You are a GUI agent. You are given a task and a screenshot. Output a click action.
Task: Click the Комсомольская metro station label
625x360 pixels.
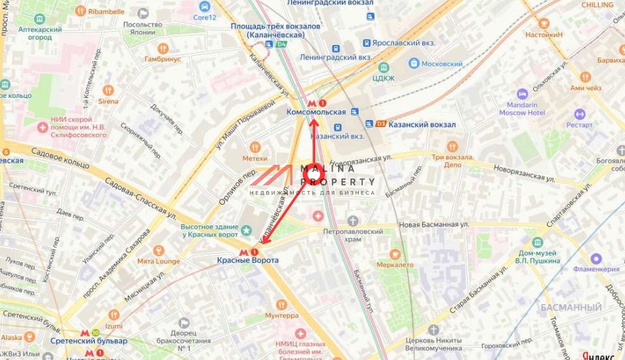click(315, 112)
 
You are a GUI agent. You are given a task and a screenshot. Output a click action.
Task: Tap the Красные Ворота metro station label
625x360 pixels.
click(248, 260)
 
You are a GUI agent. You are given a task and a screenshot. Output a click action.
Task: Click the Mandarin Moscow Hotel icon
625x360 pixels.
click(522, 94)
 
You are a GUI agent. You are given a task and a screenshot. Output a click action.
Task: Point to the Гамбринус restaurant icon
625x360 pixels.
click(163, 48)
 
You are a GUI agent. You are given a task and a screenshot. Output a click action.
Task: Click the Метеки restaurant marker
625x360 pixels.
click(255, 147)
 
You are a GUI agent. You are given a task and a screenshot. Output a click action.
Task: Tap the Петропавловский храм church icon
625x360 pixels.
click(353, 221)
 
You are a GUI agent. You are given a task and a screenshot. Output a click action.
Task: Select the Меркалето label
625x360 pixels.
click(395, 264)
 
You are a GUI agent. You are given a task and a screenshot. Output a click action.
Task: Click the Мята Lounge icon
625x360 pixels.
click(158, 250)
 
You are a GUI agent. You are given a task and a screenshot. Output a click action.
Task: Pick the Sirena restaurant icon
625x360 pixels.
click(108, 90)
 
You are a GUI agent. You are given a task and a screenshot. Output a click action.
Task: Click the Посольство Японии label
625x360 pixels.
click(143, 28)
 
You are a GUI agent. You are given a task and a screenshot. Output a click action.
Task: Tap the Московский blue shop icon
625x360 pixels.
click(414, 63)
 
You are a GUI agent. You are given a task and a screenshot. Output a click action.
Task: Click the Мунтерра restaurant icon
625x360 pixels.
click(281, 305)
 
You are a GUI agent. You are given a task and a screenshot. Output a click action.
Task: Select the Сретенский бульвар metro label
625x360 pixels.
click(88, 341)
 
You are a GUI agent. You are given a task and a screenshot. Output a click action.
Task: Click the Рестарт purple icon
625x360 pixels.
click(579, 114)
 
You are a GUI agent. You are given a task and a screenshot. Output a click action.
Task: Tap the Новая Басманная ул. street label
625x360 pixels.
click(434, 225)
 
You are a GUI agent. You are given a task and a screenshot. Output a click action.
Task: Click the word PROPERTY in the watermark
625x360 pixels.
click(338, 182)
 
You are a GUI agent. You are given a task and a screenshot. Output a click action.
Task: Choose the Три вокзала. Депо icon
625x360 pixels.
click(453, 146)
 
